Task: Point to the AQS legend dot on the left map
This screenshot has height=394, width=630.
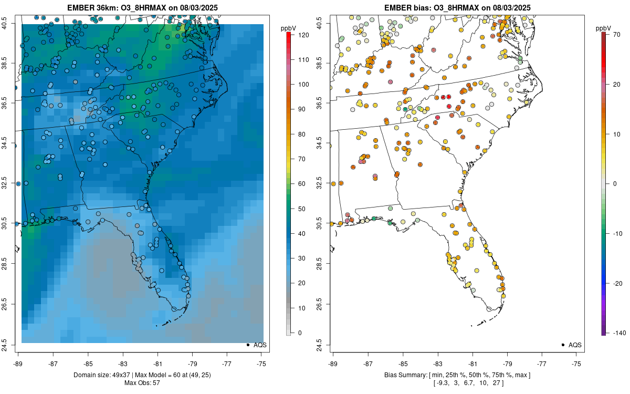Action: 248,345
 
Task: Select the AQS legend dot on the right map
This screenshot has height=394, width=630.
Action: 563,345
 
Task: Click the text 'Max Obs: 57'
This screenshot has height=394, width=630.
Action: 142,382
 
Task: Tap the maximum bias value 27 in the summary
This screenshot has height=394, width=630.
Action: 498,382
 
